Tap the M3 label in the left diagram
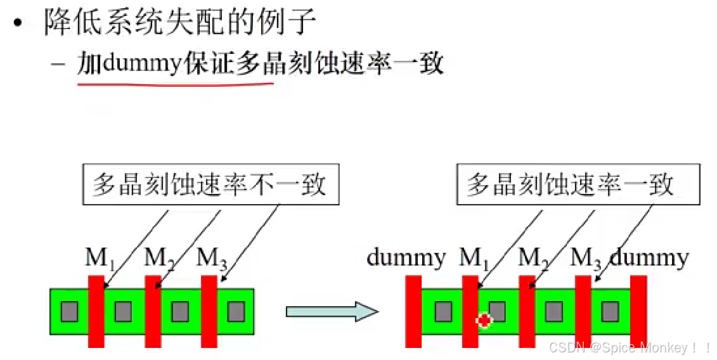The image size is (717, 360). pyautogui.click(x=212, y=259)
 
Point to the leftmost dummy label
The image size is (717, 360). pyautogui.click(x=406, y=258)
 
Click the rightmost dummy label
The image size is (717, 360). pyautogui.click(x=649, y=258)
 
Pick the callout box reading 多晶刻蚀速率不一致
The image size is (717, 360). pyautogui.click(x=210, y=184)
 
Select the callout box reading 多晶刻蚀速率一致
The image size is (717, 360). pyautogui.click(x=578, y=184)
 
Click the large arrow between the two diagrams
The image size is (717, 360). pyautogui.click(x=332, y=311)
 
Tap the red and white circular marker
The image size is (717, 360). pyautogui.click(x=484, y=321)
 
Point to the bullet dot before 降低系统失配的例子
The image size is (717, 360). pyautogui.click(x=18, y=23)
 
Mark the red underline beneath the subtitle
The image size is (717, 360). pyautogui.click(x=175, y=84)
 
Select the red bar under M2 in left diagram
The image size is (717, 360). pyautogui.click(x=153, y=311)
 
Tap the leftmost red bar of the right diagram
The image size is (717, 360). pyautogui.click(x=413, y=311)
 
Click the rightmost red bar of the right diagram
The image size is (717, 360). pyautogui.click(x=638, y=311)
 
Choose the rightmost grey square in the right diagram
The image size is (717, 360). pyautogui.click(x=610, y=311)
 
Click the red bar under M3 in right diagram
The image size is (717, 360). pyautogui.click(x=583, y=311)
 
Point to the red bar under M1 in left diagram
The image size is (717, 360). pyautogui.click(x=96, y=311)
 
